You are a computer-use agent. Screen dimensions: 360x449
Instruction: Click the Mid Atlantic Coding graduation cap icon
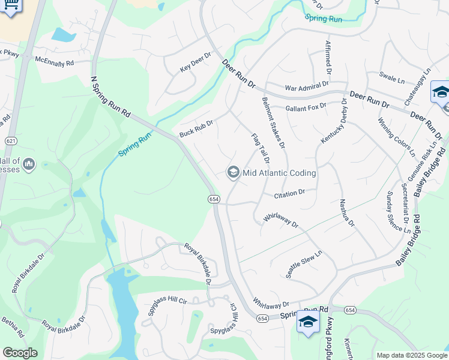coord(233,173)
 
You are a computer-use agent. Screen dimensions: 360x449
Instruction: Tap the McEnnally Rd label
coord(54,61)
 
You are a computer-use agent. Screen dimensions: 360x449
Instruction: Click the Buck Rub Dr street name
coord(196,127)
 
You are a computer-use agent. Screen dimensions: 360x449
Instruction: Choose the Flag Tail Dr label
coord(260,148)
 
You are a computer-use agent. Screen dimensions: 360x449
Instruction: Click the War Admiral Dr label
coord(307,88)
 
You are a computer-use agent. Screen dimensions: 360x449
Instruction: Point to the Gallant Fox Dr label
coord(306,107)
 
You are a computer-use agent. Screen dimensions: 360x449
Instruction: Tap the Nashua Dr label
coord(347,214)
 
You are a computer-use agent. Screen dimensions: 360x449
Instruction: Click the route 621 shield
coord(10,140)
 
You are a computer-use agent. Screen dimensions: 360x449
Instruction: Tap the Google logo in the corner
coord(20,352)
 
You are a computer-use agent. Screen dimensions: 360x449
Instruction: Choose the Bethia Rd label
coord(13,324)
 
